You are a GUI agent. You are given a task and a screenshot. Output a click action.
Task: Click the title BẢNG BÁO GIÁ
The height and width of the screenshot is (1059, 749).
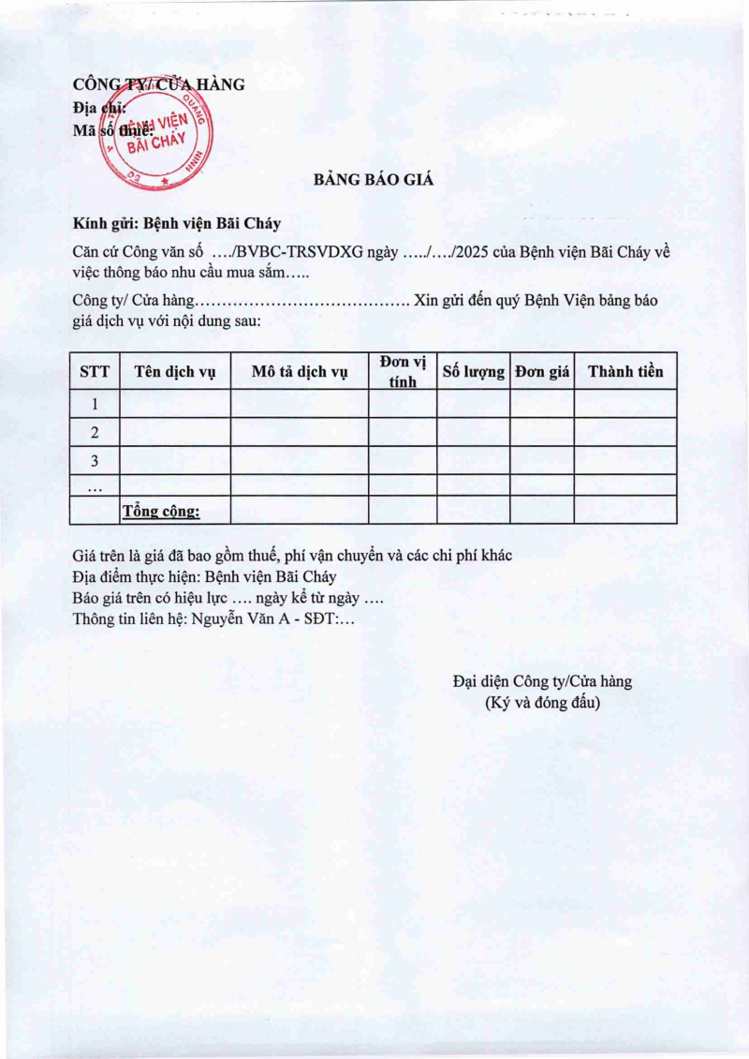[x=374, y=181]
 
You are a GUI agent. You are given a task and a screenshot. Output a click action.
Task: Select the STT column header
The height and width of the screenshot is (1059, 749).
[x=95, y=371]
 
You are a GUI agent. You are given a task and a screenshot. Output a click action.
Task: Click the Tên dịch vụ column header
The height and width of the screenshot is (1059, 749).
[x=175, y=371]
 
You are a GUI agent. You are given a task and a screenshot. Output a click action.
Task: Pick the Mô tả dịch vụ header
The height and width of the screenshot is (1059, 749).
[x=300, y=371]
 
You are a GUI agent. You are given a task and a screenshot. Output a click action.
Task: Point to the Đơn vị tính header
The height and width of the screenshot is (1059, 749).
[x=403, y=371]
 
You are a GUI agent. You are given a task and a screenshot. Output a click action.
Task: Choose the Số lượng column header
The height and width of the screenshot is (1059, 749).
[x=473, y=371]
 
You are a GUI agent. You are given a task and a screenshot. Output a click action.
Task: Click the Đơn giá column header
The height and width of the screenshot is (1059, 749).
[x=542, y=371]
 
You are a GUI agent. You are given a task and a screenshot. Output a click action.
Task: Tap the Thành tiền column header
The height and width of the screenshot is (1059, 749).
[x=625, y=371]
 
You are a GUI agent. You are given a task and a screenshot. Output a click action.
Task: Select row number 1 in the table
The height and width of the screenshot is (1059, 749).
[x=95, y=404]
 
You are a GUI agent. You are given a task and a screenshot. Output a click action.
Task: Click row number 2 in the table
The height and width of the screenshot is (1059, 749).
[x=95, y=432]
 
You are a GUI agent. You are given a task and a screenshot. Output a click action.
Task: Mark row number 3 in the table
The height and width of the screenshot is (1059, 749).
[x=95, y=460]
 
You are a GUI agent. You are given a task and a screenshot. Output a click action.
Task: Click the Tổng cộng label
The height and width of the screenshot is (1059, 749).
[x=161, y=511]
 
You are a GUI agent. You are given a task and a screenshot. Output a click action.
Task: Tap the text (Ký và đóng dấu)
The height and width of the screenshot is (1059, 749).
[x=542, y=702]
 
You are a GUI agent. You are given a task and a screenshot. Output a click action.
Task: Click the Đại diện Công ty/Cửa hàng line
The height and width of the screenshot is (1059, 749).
[x=542, y=681]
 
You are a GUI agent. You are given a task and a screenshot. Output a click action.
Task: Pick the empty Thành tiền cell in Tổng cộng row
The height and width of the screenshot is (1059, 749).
[x=625, y=510]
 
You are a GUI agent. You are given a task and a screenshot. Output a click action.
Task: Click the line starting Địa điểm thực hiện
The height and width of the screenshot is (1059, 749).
[x=204, y=577]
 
